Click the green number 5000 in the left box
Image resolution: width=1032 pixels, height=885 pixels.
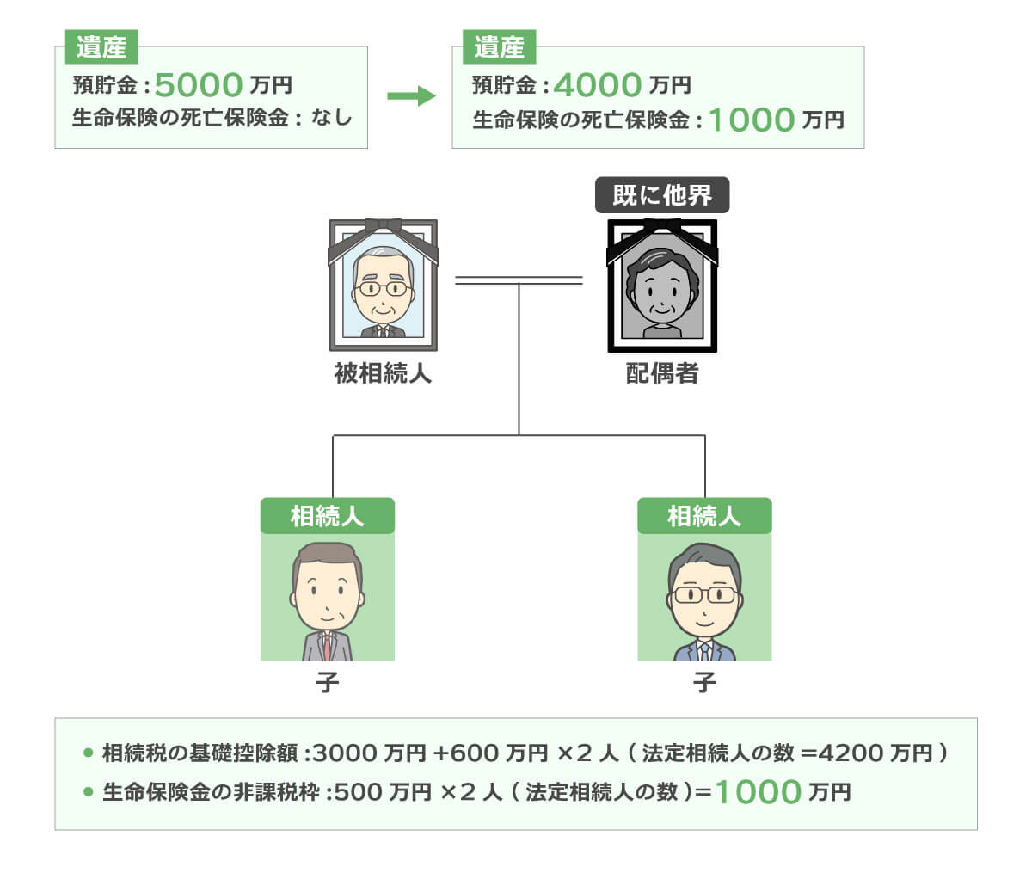pos(199,85)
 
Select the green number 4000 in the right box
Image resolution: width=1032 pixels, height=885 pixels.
pos(598,85)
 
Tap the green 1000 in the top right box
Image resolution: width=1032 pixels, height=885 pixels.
pos(751,120)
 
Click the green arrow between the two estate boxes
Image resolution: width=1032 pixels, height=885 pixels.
pos(411,95)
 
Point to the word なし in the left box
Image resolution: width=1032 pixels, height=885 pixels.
pos(332,117)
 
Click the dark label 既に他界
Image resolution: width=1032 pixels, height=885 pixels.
pos(662,195)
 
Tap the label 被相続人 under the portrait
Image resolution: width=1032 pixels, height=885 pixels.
pos(383,374)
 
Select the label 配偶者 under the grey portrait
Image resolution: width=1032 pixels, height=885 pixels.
pos(661,374)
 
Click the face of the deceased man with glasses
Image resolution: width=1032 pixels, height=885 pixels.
pos(384,289)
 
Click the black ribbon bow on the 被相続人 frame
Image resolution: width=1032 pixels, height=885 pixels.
pos(383,226)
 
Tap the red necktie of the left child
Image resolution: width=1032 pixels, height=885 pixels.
pos(328,645)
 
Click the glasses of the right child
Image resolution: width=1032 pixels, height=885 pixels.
pos(704,594)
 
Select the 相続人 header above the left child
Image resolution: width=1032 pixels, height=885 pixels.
pos(327,516)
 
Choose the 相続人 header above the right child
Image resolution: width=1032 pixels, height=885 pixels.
pos(704,516)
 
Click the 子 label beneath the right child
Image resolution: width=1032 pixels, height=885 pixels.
pos(704,683)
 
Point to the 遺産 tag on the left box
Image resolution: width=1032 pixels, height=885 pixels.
pos(101,47)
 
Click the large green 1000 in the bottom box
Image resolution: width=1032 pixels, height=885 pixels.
pos(758,792)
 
